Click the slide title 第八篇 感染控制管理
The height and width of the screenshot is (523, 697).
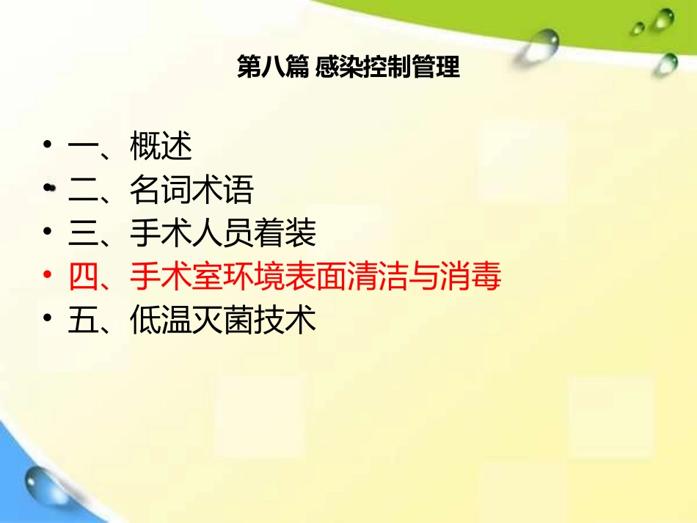pyautogui.click(x=348, y=67)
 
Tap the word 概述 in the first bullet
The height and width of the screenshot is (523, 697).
pyautogui.click(x=161, y=147)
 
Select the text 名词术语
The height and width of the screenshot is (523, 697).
pyautogui.click(x=192, y=191)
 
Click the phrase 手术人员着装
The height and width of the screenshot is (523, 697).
pyautogui.click(x=223, y=234)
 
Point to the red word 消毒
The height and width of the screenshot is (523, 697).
pyautogui.click(x=471, y=278)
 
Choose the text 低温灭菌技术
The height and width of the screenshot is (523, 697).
pyautogui.click(x=223, y=321)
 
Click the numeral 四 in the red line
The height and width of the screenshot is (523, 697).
pyautogui.click(x=83, y=278)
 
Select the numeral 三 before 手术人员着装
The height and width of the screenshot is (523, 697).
pyautogui.click(x=83, y=234)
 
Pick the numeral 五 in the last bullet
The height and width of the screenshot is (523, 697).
pyautogui.click(x=83, y=321)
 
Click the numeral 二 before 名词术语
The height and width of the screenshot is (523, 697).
pyautogui.click(x=83, y=191)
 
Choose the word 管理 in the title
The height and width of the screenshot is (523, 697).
pyautogui.click(x=438, y=67)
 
